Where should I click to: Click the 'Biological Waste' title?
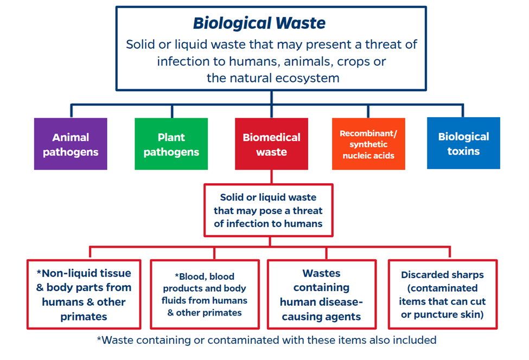pyautogui.click(x=259, y=23)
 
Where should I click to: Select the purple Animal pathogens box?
pyautogui.click(x=71, y=144)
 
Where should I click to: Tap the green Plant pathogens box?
pyautogui.click(x=171, y=144)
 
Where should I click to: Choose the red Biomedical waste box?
pyautogui.click(x=271, y=144)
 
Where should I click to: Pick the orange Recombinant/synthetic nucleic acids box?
pyautogui.click(x=368, y=144)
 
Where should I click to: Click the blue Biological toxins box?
pyautogui.click(x=463, y=144)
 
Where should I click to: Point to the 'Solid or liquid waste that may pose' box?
pyautogui.click(x=268, y=210)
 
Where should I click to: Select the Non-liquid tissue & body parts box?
pyautogui.click(x=84, y=294)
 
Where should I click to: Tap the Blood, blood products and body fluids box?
pyautogui.click(x=205, y=294)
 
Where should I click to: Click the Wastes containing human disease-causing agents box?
pyautogui.click(x=321, y=294)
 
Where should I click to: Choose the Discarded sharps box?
pyautogui.click(x=442, y=294)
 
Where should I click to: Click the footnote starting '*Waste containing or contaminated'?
pyautogui.click(x=266, y=340)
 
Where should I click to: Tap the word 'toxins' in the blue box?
pyautogui.click(x=463, y=151)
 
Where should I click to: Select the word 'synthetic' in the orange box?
pyautogui.click(x=368, y=145)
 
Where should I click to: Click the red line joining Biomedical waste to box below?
pyautogui.click(x=271, y=177)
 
